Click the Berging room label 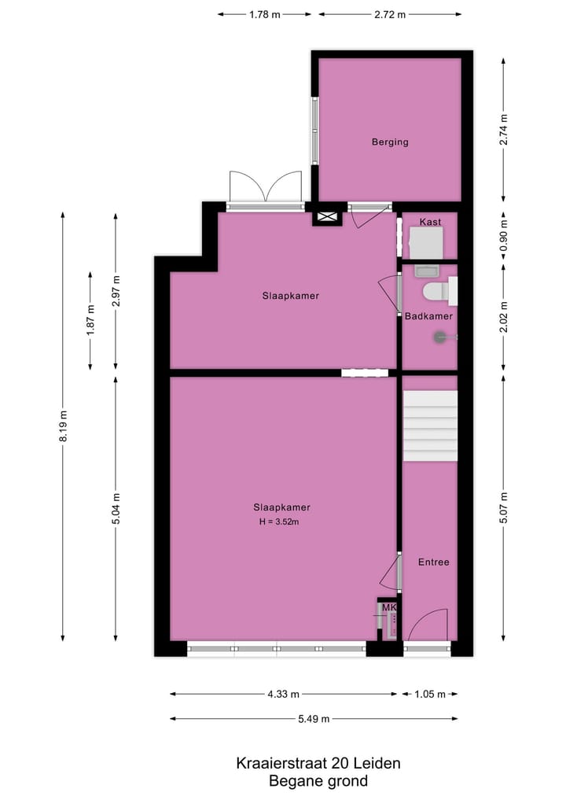coord(390,142)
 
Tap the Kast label coord(429,223)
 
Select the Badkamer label coord(428,316)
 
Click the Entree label coord(433,562)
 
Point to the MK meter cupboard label coord(388,608)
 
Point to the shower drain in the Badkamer coord(439,337)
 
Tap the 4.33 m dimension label coord(283,694)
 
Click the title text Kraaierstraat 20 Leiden coord(318,763)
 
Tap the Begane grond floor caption coord(318,781)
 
